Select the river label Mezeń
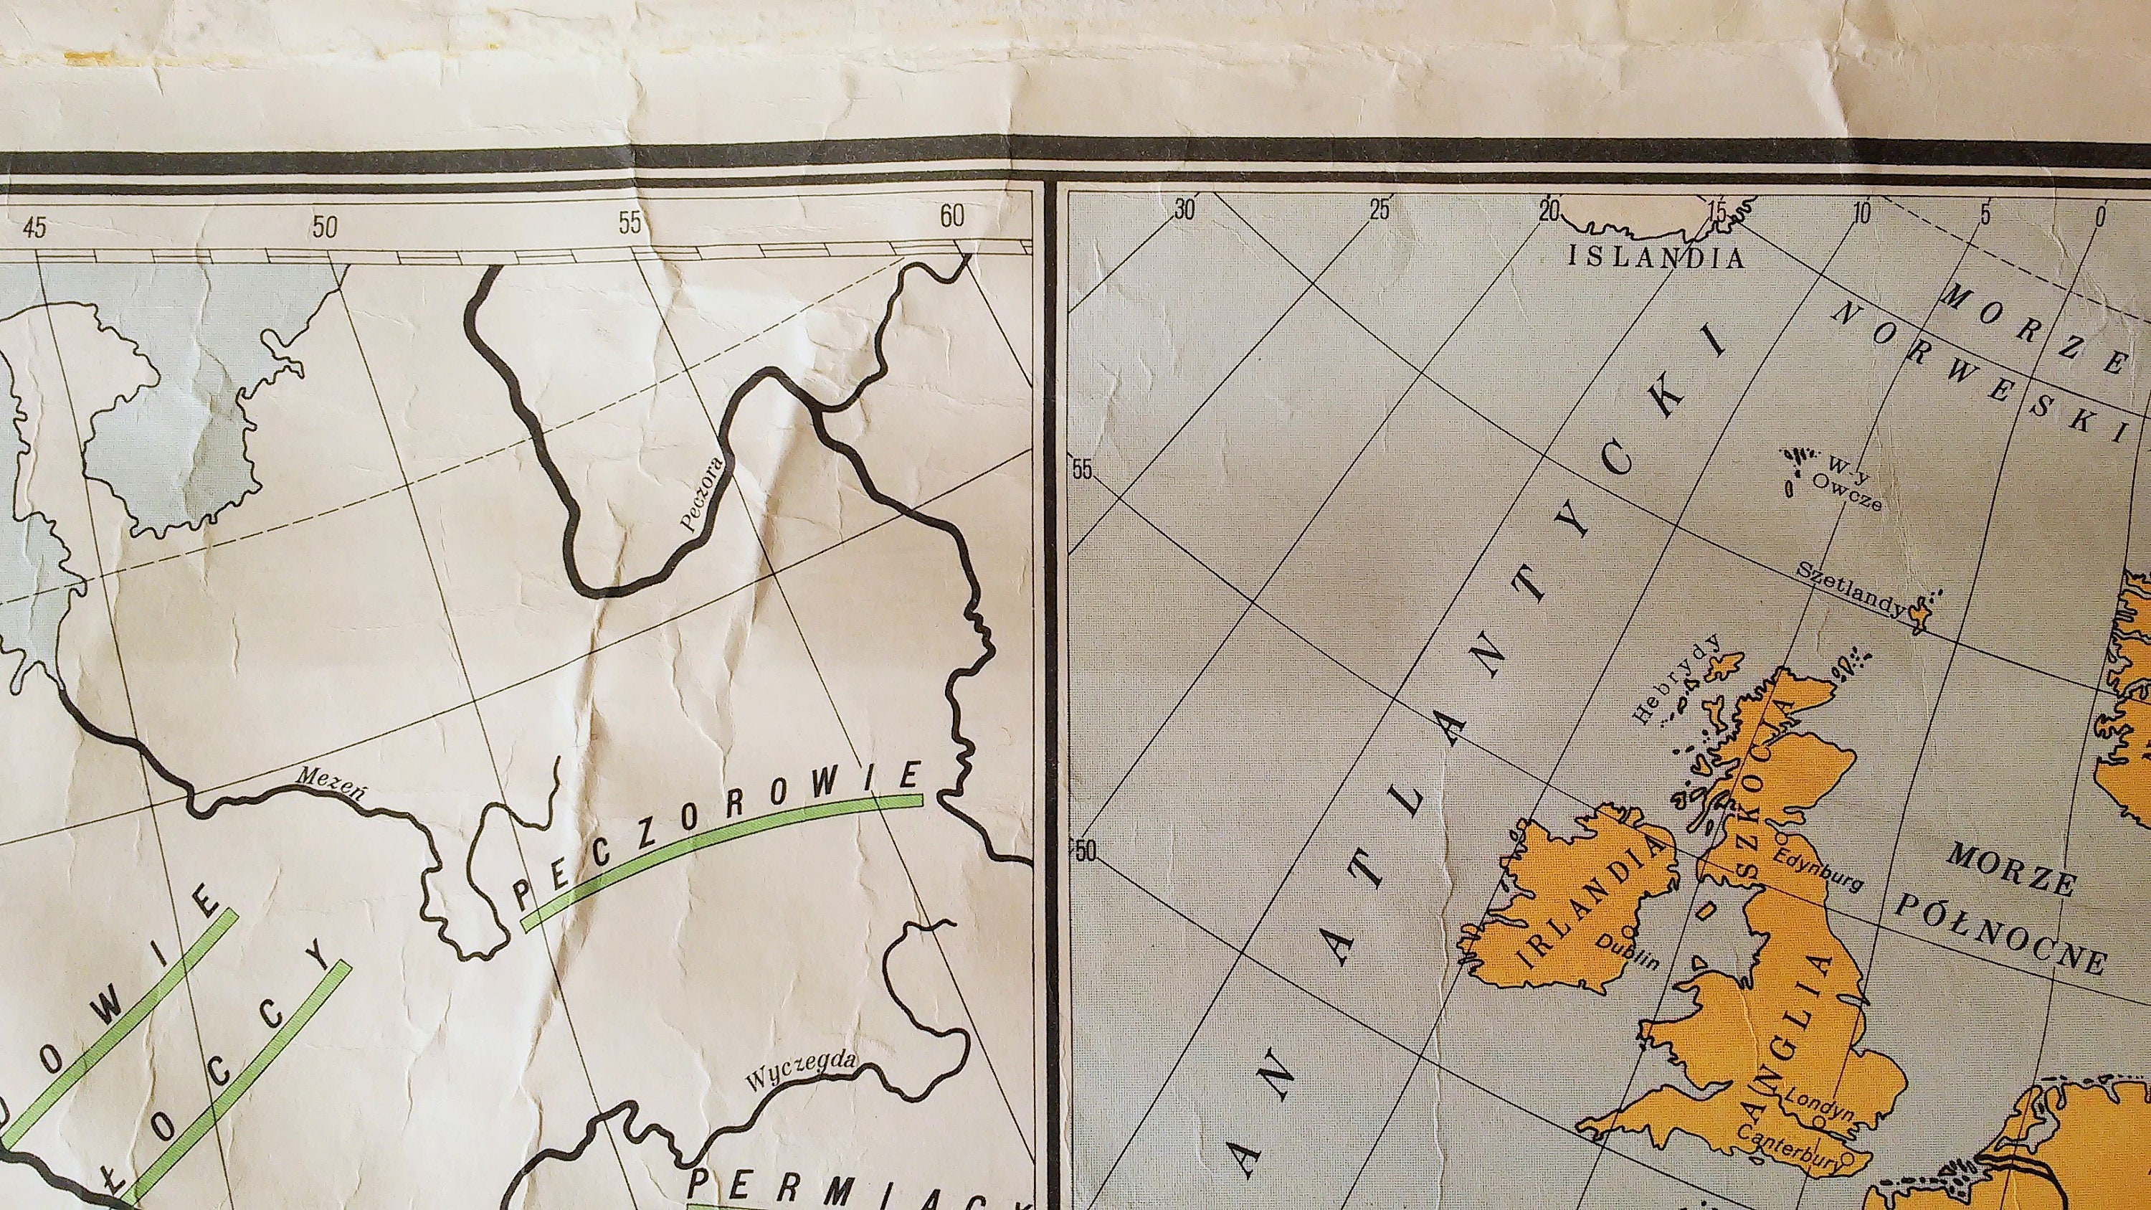[x=331, y=780]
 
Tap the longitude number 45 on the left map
[x=35, y=227]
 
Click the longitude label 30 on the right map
[x=1183, y=209]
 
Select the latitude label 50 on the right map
[x=1085, y=851]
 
